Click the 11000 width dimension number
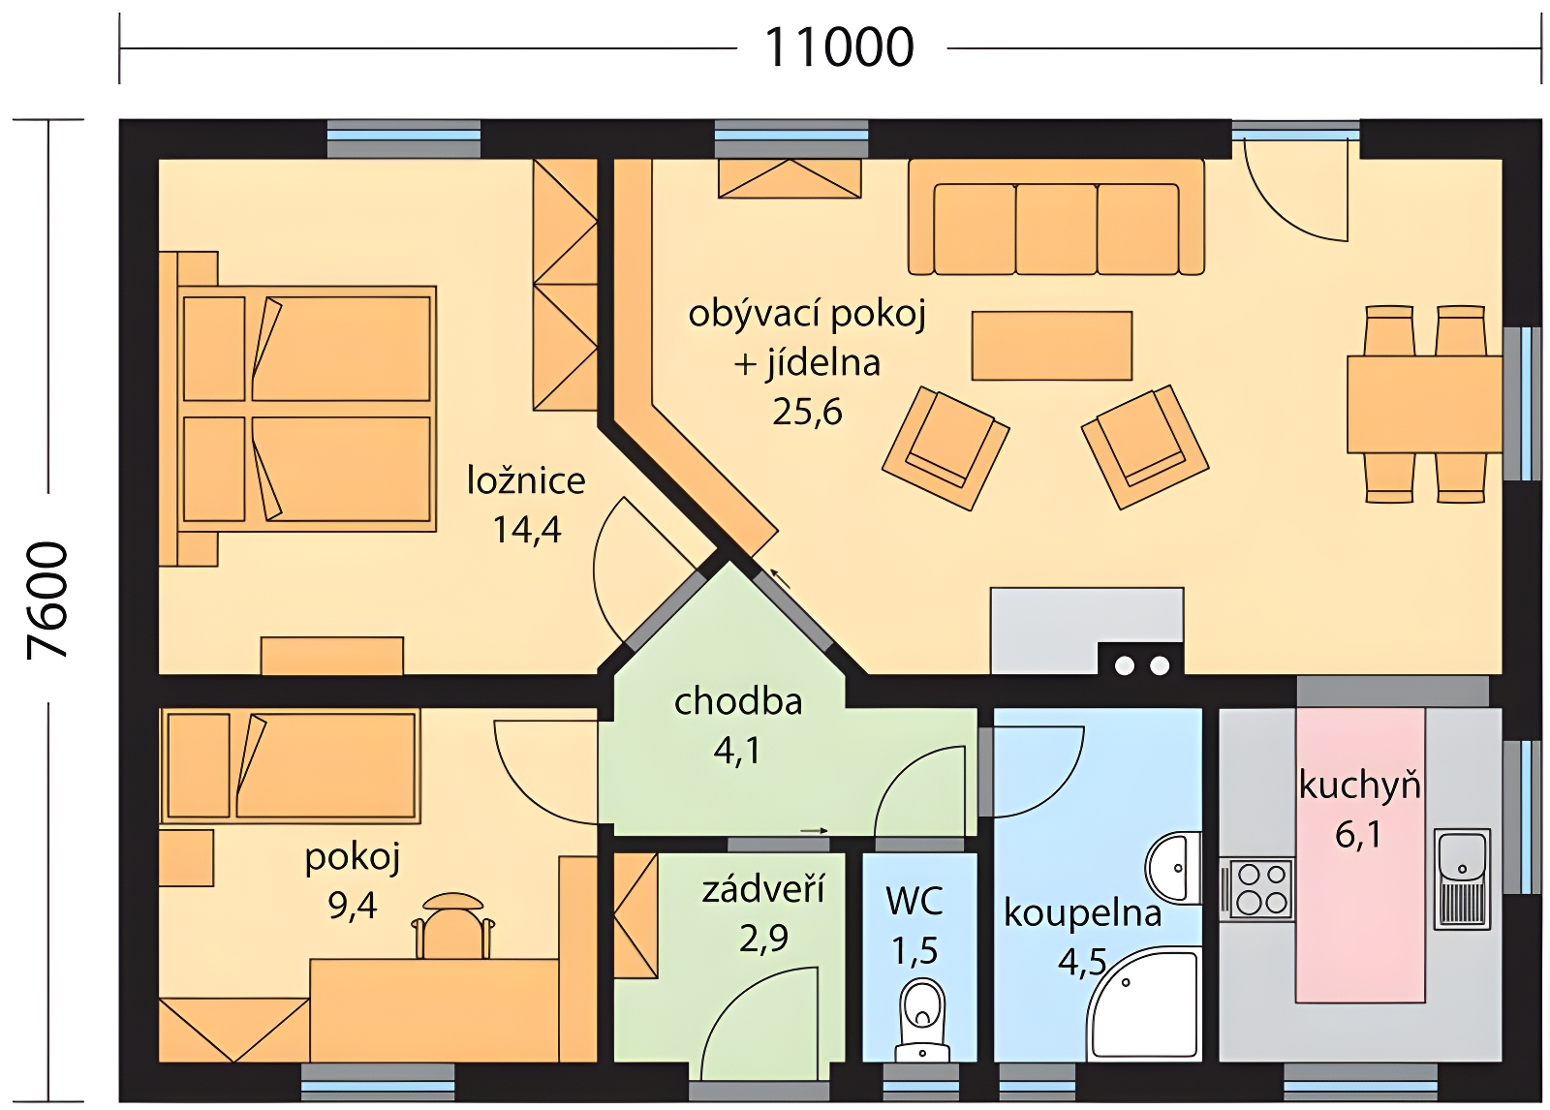(x=839, y=47)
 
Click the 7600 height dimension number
(x=47, y=600)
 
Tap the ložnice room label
(x=526, y=480)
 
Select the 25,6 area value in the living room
(x=807, y=413)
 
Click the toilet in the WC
(x=922, y=1020)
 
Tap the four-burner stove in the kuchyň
(x=1256, y=889)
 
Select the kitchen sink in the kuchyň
(x=1462, y=879)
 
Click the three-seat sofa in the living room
(x=1056, y=217)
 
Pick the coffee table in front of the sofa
(x=1052, y=346)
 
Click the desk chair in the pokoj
(x=453, y=925)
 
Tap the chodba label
(x=738, y=701)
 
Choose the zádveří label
(x=763, y=889)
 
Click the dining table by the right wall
(x=1424, y=405)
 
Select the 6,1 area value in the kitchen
(x=1358, y=835)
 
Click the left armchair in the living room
(x=945, y=447)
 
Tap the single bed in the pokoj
(x=291, y=765)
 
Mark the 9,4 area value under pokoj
(x=353, y=906)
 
